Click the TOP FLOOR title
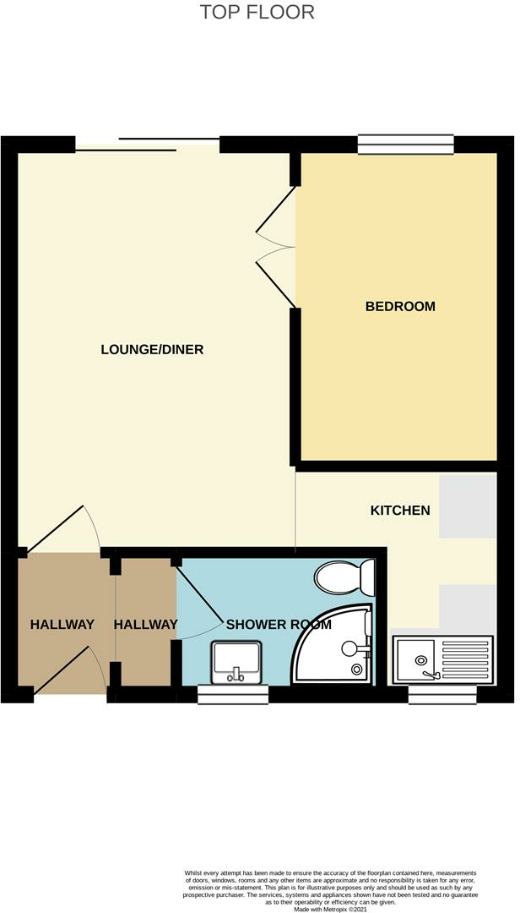257,13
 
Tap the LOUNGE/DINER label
152,349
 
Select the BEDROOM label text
400,306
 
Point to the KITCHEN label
400,511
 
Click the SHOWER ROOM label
279,626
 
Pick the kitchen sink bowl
415,658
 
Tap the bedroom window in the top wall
406,144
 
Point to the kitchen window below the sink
442,694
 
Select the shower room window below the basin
233,694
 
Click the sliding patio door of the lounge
148,144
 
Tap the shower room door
199,597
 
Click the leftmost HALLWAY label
62,626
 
